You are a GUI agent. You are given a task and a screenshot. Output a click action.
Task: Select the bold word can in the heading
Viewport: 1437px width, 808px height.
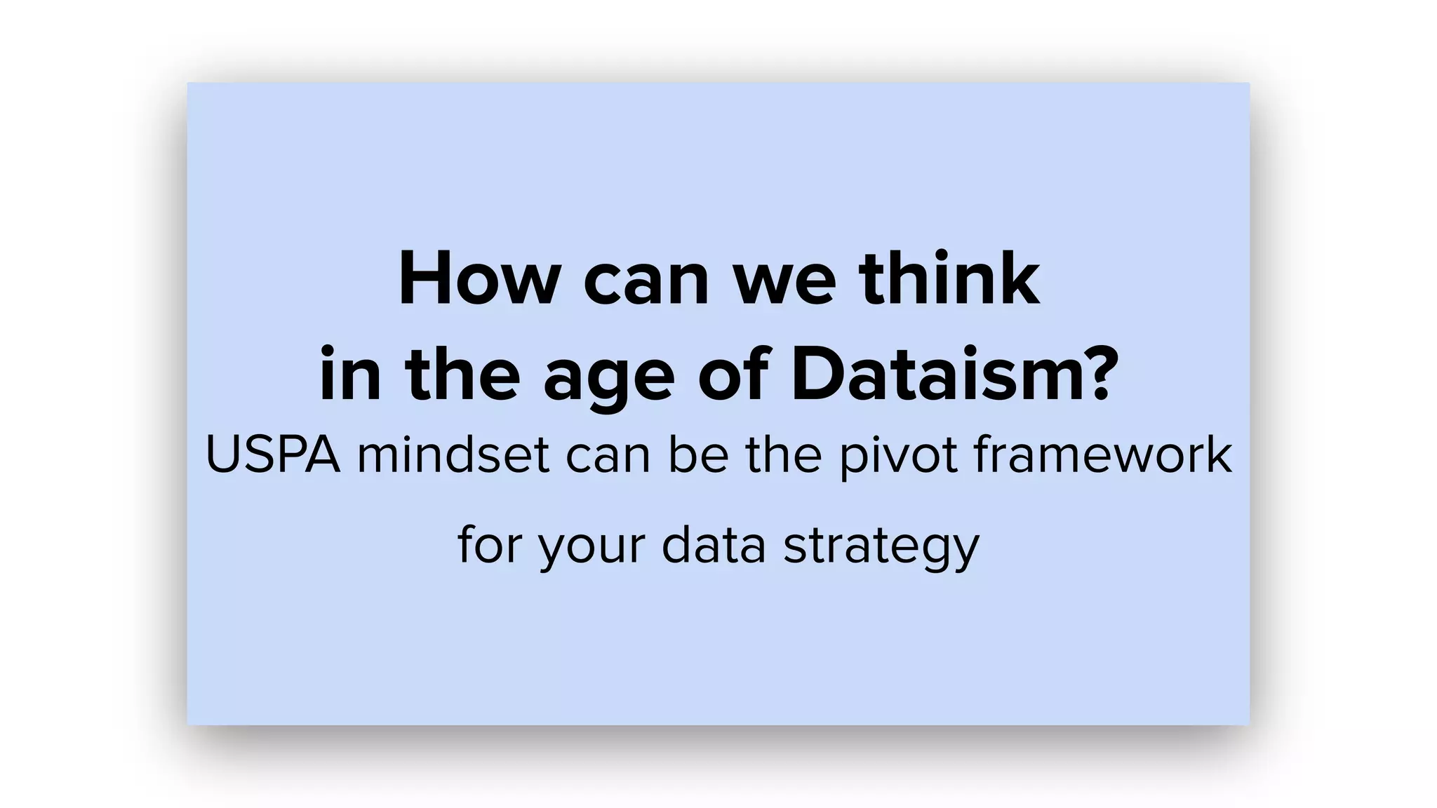[x=646, y=282]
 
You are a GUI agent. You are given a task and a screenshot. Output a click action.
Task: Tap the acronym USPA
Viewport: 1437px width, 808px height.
[x=273, y=455]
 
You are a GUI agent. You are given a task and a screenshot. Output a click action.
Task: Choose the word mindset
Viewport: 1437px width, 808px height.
[x=453, y=455]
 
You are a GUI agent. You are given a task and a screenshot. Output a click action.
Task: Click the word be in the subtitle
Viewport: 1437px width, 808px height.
[x=698, y=455]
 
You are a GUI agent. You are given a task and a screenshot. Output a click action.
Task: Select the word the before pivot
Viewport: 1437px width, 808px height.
[x=783, y=455]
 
